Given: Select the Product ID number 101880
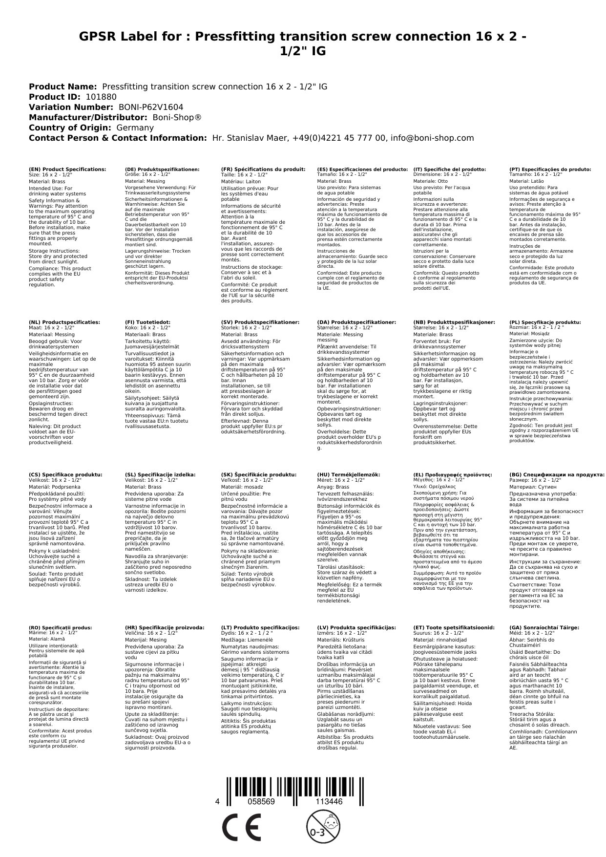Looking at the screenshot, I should pos(101,97).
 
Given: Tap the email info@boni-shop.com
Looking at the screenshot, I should pos(433,138).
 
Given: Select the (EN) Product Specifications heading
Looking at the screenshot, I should pos(67,169).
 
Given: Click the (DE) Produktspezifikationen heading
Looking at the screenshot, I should pos(162,169).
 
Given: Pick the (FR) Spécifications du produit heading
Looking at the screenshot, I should pos(263,169).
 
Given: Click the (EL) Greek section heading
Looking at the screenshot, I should pos(453,474).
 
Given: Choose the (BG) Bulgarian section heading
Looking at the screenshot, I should pos(557,474).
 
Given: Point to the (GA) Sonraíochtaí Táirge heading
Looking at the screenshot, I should pos(544,627).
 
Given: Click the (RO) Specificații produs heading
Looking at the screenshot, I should pos(60,627).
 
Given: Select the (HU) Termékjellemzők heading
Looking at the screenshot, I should pos(348,474).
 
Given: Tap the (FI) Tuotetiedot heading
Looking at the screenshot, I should pos(147,322).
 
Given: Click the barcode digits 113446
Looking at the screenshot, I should pos(329,802).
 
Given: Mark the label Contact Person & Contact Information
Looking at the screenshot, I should pos(118,138).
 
